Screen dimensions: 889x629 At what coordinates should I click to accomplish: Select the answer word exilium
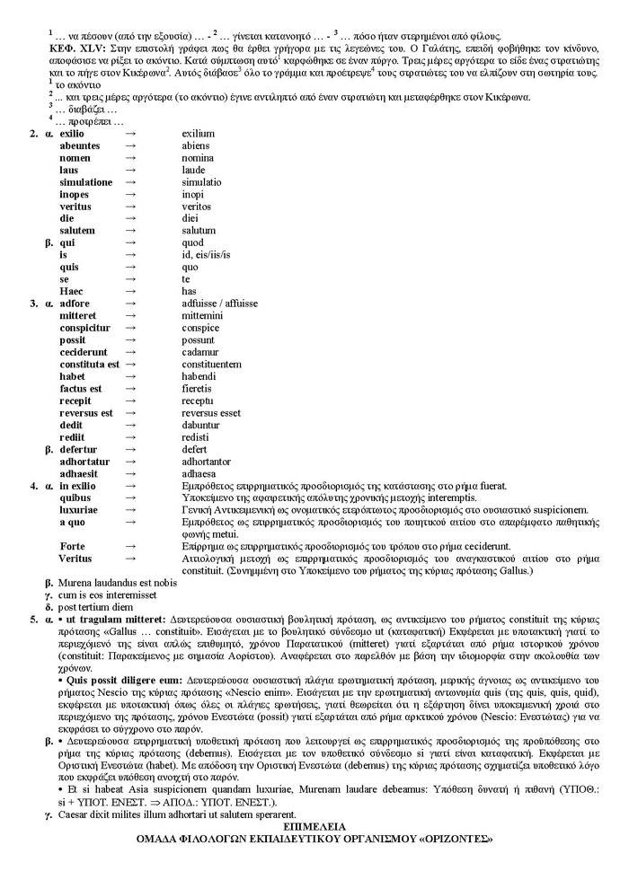pyautogui.click(x=199, y=134)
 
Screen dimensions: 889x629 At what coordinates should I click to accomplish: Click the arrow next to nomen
pyautogui.click(x=130, y=158)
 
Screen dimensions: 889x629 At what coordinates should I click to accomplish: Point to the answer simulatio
pyautogui.click(x=202, y=182)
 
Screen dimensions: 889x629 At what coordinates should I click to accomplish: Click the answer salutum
pyautogui.click(x=199, y=231)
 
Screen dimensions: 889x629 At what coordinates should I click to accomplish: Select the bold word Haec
pyautogui.click(x=72, y=292)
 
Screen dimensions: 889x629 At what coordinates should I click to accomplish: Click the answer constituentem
pyautogui.click(x=211, y=365)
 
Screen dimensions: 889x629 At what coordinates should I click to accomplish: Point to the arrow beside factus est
pyautogui.click(x=130, y=389)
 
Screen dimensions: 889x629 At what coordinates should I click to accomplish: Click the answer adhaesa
pyautogui.click(x=199, y=474)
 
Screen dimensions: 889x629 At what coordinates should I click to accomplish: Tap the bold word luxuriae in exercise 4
pyautogui.click(x=79, y=510)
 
